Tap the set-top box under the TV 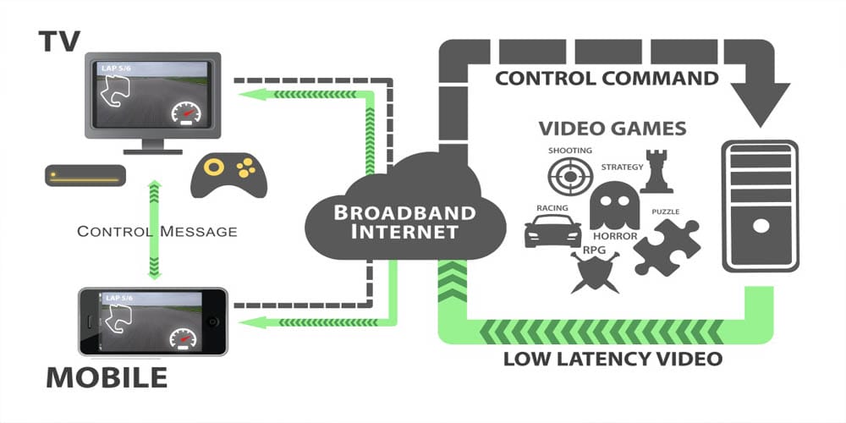tap(85, 176)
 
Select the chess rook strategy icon tap(656, 172)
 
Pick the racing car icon tap(552, 230)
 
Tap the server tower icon tap(759, 206)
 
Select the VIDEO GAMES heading tap(613, 129)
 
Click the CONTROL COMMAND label tap(607, 79)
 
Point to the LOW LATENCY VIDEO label tap(613, 359)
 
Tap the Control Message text tap(157, 231)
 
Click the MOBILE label tap(107, 377)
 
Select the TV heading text tap(62, 38)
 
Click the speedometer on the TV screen tap(184, 112)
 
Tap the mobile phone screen tap(152, 321)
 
